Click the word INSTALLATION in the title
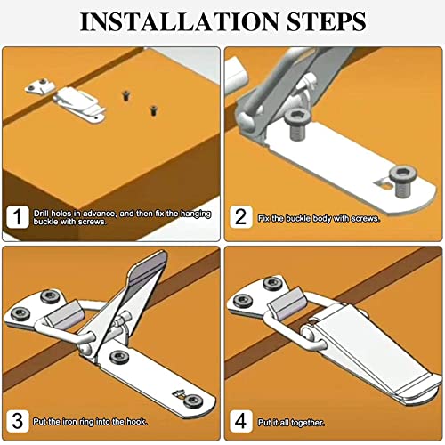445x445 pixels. pyautogui.click(x=180, y=21)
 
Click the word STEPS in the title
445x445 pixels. pyautogui.click(x=326, y=21)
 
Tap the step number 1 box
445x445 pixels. pyautogui.click(x=18, y=217)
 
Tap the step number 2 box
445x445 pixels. pyautogui.click(x=241, y=217)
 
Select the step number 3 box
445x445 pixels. pyautogui.click(x=18, y=421)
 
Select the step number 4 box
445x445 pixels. pyautogui.click(x=241, y=421)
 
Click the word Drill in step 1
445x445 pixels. pyautogui.click(x=41, y=214)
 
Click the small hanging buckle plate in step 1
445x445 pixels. pyautogui.click(x=40, y=85)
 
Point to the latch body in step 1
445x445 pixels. pyautogui.click(x=79, y=104)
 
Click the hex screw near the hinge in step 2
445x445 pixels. pyautogui.click(x=297, y=123)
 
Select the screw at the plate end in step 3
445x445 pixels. pyautogui.click(x=193, y=401)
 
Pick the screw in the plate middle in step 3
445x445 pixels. pyautogui.click(x=119, y=357)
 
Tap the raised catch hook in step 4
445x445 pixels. pyautogui.click(x=287, y=303)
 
